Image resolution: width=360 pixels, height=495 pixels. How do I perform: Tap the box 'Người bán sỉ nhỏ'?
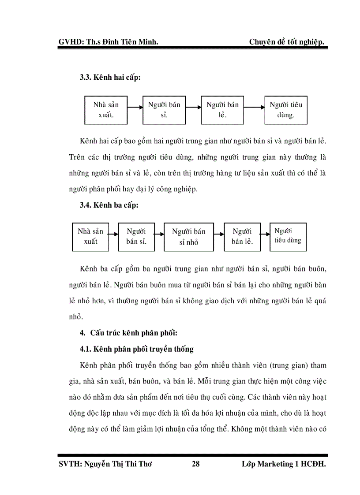tap(189, 237)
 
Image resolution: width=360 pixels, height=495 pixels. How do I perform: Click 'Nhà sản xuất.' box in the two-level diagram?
tap(105, 110)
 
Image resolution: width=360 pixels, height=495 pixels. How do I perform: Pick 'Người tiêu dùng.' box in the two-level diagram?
tap(286, 110)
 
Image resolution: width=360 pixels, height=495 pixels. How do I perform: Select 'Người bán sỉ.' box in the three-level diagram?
tap(136, 237)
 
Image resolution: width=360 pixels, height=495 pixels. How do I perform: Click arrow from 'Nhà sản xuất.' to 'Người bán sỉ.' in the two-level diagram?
tap(135, 106)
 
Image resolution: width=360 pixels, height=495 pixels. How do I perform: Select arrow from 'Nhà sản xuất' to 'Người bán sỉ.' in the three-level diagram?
tap(113, 235)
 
